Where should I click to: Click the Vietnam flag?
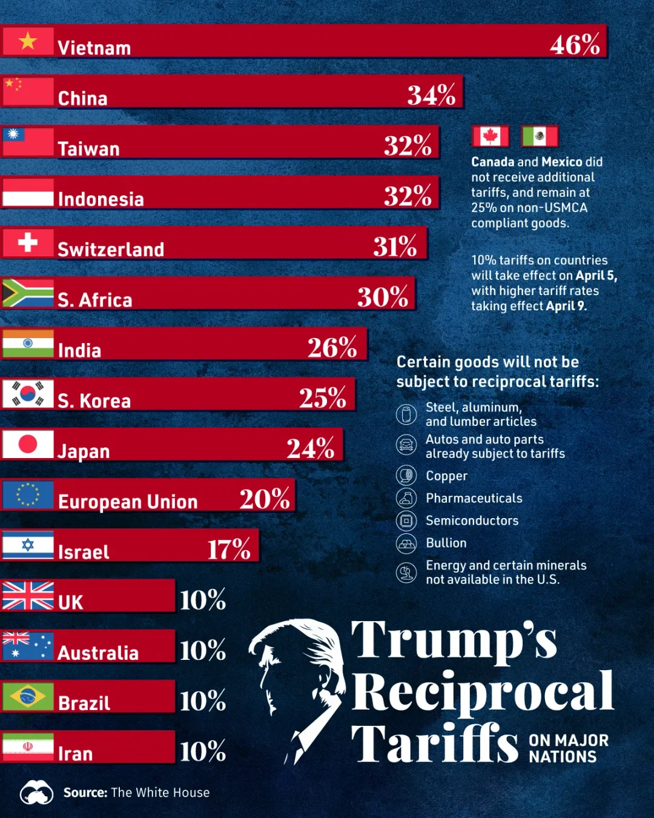(x=28, y=41)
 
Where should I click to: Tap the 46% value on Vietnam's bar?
(x=575, y=44)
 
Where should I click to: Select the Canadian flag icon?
(x=490, y=136)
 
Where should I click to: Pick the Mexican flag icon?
(x=540, y=136)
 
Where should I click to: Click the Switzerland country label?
(x=111, y=250)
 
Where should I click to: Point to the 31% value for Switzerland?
(x=395, y=247)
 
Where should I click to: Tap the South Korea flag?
(x=28, y=394)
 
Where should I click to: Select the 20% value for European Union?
(x=265, y=499)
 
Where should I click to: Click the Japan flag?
(x=28, y=444)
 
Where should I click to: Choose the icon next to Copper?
(x=406, y=476)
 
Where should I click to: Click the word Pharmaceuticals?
(x=474, y=498)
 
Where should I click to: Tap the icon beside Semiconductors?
(x=406, y=520)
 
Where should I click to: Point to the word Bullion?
(x=446, y=543)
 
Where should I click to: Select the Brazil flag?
(x=28, y=696)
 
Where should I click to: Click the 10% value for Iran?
(x=203, y=751)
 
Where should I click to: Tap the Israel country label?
(x=84, y=552)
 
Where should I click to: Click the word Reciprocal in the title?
(x=483, y=692)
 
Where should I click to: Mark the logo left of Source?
(x=36, y=793)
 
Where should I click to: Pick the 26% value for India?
(x=332, y=347)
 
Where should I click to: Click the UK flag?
(x=28, y=596)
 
